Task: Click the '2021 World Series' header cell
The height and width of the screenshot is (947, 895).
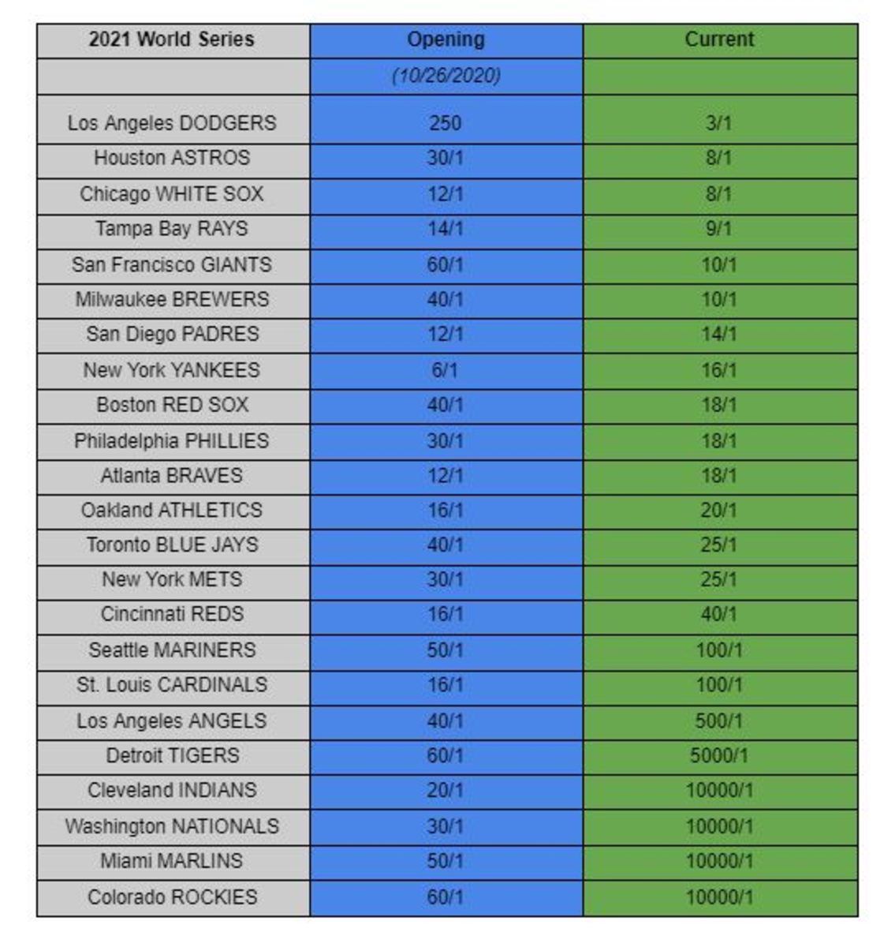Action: click(172, 39)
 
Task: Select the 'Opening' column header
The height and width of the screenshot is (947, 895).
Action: click(446, 39)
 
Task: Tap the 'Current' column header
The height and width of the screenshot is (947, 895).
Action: click(719, 39)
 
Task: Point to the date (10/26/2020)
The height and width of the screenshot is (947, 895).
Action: click(446, 76)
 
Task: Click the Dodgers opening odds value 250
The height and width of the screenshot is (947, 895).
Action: click(446, 123)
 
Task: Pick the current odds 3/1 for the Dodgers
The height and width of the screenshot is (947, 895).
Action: click(719, 123)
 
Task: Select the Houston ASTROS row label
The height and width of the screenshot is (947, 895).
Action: click(172, 158)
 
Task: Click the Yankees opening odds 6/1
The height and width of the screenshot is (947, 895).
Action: click(446, 369)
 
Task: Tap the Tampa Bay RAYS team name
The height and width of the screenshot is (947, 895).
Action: click(172, 229)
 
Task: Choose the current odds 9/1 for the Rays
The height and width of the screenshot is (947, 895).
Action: click(719, 229)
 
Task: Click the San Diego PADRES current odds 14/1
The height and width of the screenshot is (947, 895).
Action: click(719, 334)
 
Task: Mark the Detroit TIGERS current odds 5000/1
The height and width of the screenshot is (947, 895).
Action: click(719, 755)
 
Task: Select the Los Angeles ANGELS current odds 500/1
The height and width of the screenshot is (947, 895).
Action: click(719, 721)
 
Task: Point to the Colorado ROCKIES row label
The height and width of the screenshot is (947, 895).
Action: click(172, 897)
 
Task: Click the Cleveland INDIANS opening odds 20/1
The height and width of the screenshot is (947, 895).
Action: click(446, 790)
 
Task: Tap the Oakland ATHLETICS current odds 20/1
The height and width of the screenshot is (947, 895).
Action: click(719, 510)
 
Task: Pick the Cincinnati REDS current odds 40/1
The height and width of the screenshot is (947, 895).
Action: click(719, 614)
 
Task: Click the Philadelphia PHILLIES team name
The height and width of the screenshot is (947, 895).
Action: click(172, 440)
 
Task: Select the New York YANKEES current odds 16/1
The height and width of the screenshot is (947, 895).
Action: click(719, 369)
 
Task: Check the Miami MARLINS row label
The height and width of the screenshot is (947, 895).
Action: click(172, 861)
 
